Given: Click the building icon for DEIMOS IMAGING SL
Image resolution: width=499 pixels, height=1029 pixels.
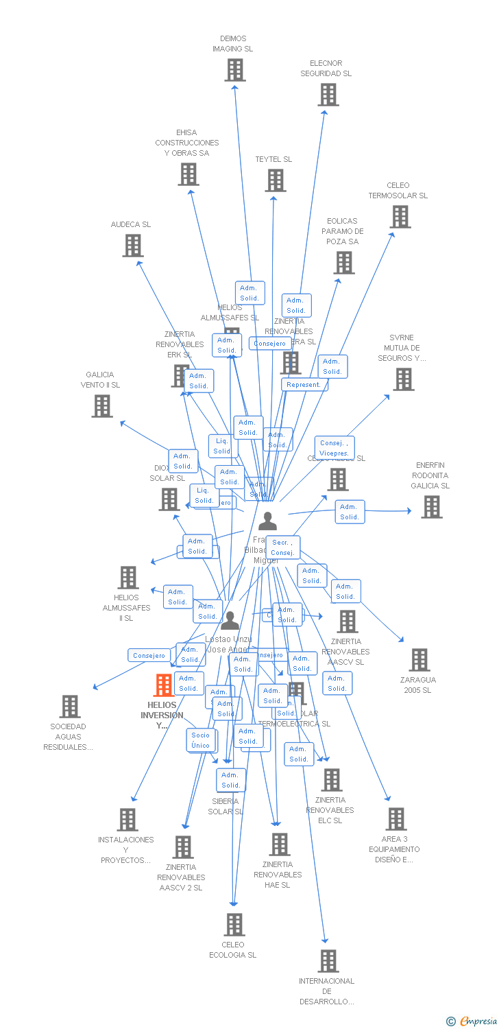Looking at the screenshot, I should click(x=235, y=70).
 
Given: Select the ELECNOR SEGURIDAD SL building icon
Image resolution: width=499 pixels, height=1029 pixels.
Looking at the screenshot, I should click(x=328, y=95).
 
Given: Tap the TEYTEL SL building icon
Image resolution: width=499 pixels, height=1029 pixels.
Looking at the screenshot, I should click(x=276, y=180).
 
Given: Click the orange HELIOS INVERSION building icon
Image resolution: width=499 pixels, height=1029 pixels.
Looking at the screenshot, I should click(x=164, y=685).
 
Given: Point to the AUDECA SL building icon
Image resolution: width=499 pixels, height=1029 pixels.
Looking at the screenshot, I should click(x=133, y=246).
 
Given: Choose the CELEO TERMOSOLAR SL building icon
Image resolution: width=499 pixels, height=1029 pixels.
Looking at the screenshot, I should click(x=400, y=217).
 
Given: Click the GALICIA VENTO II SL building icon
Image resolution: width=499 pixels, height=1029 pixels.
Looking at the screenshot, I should click(x=102, y=406).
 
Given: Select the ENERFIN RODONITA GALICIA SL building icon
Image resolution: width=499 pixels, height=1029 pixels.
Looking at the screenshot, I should click(x=431, y=507).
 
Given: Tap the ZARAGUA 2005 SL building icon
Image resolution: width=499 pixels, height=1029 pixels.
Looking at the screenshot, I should click(x=419, y=660).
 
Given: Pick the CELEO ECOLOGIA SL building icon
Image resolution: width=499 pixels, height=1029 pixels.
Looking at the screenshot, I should click(x=234, y=925).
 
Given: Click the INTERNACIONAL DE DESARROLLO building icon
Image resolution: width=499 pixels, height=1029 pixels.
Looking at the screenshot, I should click(x=328, y=961).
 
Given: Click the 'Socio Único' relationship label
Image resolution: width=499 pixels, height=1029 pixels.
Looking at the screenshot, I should click(x=201, y=740).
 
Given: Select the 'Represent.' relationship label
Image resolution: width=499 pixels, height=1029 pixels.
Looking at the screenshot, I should click(x=304, y=385).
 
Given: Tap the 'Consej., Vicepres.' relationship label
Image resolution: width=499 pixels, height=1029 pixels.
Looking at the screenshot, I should click(x=334, y=449).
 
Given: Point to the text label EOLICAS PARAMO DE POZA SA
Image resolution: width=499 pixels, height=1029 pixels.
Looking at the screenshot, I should click(x=343, y=231).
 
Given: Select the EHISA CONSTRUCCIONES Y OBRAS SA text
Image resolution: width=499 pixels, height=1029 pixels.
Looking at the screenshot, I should click(x=186, y=143).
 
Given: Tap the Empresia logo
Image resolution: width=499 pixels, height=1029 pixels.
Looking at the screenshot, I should click(x=472, y=1021).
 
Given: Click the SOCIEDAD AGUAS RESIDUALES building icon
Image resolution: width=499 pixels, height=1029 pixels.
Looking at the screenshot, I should click(x=70, y=707).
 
